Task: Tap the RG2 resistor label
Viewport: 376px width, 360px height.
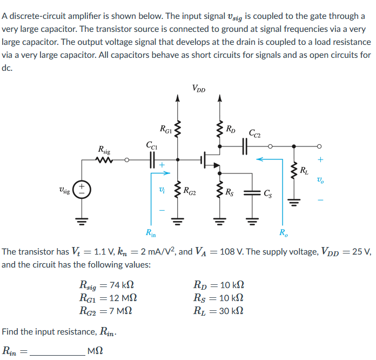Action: pyautogui.click(x=190, y=190)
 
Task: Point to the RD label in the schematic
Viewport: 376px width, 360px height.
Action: pyautogui.click(x=230, y=129)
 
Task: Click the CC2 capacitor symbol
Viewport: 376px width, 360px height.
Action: pyautogui.click(x=245, y=145)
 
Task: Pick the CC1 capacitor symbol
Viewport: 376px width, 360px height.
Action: pyautogui.click(x=152, y=159)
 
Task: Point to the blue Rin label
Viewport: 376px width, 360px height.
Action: pyautogui.click(x=151, y=233)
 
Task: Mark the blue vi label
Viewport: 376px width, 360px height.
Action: pyautogui.click(x=158, y=190)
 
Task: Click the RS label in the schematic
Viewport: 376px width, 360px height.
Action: pyautogui.click(x=230, y=190)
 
